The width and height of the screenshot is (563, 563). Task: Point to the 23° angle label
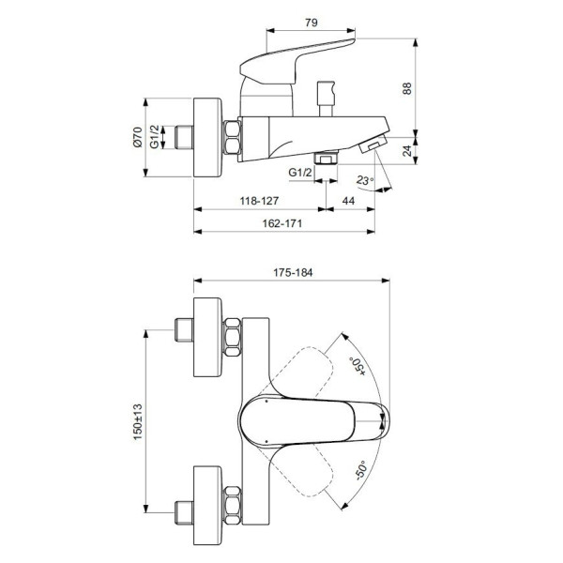365,180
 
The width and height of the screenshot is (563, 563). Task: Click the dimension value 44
348,201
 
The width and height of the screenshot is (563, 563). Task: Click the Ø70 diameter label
137,139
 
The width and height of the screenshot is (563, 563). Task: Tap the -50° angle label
361,469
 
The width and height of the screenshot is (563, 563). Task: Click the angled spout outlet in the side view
373,143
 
